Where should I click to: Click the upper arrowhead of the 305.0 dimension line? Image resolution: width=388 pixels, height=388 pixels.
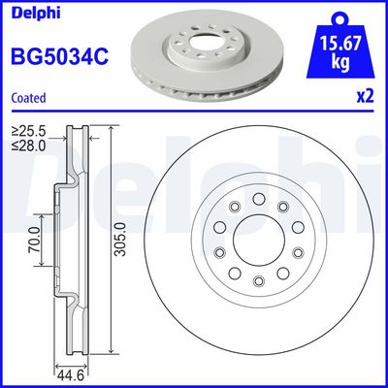(x=113, y=131)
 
